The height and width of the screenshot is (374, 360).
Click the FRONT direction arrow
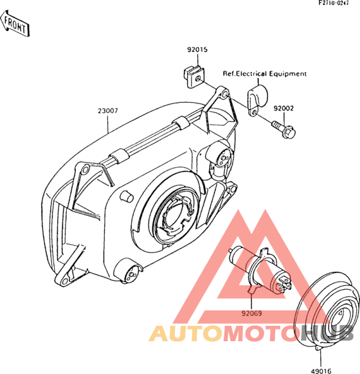pos(15,24)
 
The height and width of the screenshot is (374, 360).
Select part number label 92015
pos(197,49)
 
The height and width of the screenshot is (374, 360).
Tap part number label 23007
pos(107,111)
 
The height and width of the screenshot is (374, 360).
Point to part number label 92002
pos(283,109)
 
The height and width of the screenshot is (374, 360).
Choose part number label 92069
pos(252,313)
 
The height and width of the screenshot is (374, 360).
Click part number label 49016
pos(321,371)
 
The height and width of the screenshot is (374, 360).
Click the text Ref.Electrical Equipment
pos(265,74)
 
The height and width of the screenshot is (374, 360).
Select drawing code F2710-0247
pos(334,3)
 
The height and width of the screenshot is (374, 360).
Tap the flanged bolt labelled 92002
pos(284,130)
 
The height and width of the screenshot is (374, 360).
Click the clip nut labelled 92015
pos(194,76)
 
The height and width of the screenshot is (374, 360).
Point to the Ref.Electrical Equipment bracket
pos(257,100)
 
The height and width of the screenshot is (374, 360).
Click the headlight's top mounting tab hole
pos(224,95)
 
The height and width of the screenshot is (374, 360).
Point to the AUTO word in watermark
pos(186,333)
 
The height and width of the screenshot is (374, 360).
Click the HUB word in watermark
pos(327,333)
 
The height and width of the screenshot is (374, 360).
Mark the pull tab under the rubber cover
pos(319,348)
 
